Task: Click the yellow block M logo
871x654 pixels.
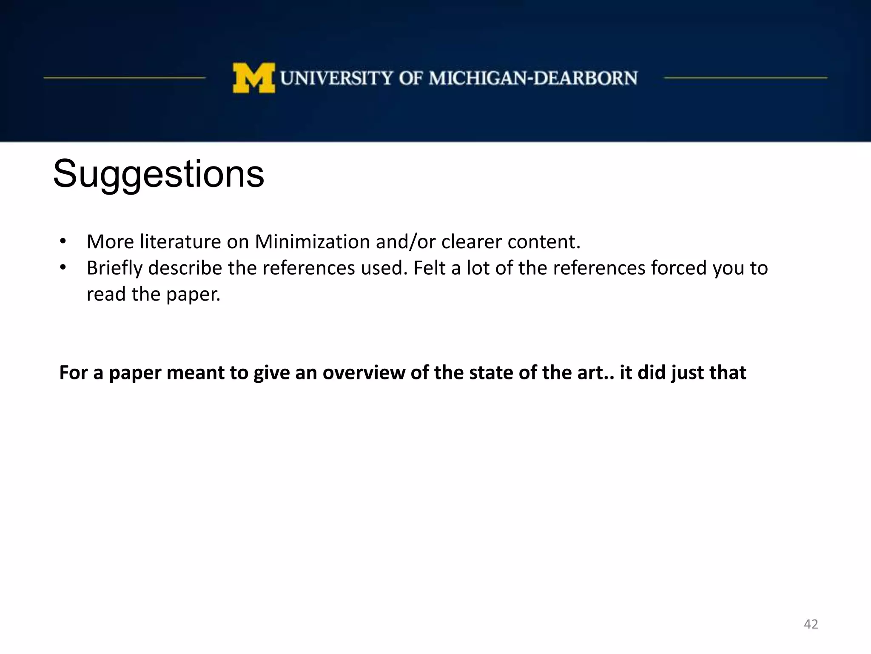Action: tap(253, 78)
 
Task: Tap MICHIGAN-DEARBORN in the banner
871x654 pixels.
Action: tap(533, 78)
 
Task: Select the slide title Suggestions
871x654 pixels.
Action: tap(158, 174)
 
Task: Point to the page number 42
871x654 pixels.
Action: tap(811, 624)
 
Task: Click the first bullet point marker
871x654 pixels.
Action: tap(63, 241)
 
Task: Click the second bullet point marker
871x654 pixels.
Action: tap(63, 268)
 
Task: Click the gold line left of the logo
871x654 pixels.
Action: tap(125, 78)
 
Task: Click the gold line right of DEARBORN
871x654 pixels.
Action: tap(746, 78)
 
